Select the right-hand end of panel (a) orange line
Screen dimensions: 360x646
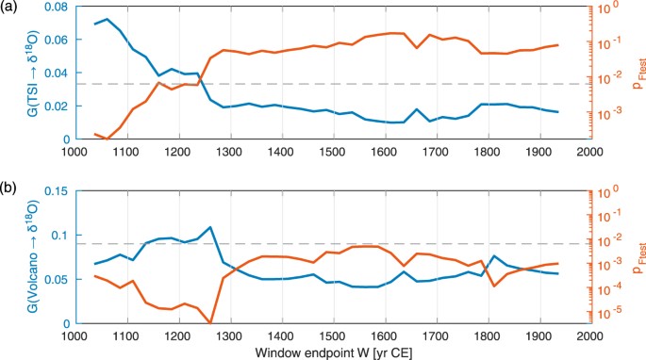557,45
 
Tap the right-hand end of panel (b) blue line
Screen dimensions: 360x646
557,273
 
